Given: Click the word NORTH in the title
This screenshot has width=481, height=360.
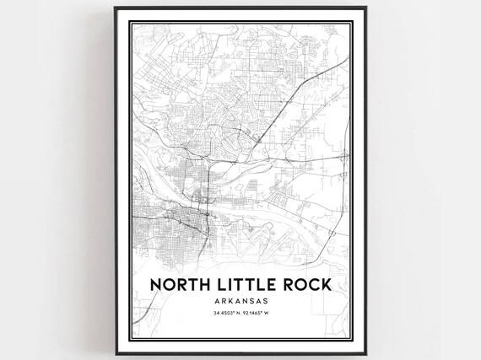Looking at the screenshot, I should coord(174,287).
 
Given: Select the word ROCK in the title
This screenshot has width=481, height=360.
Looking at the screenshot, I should coord(305,287).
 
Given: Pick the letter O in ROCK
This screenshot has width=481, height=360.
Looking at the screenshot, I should coord(296,287).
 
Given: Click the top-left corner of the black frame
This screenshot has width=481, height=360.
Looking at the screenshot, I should coord(116,8).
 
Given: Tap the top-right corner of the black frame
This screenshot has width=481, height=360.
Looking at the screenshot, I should coord(366,8).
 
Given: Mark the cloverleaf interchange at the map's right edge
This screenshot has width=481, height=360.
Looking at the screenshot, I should coord(343,157).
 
